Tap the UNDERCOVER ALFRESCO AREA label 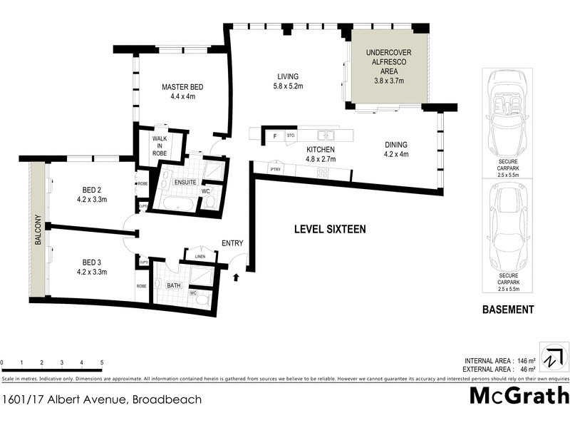coord(385,66)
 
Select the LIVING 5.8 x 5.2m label coord(288,81)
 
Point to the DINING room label coord(395,148)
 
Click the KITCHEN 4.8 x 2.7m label coord(320,154)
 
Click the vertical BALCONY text coord(37,233)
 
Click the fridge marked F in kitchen coord(274,135)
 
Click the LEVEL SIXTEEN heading coord(330,229)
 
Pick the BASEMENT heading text coord(508,310)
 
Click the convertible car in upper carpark coord(507,115)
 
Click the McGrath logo coord(519,396)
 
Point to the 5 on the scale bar coord(101,362)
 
